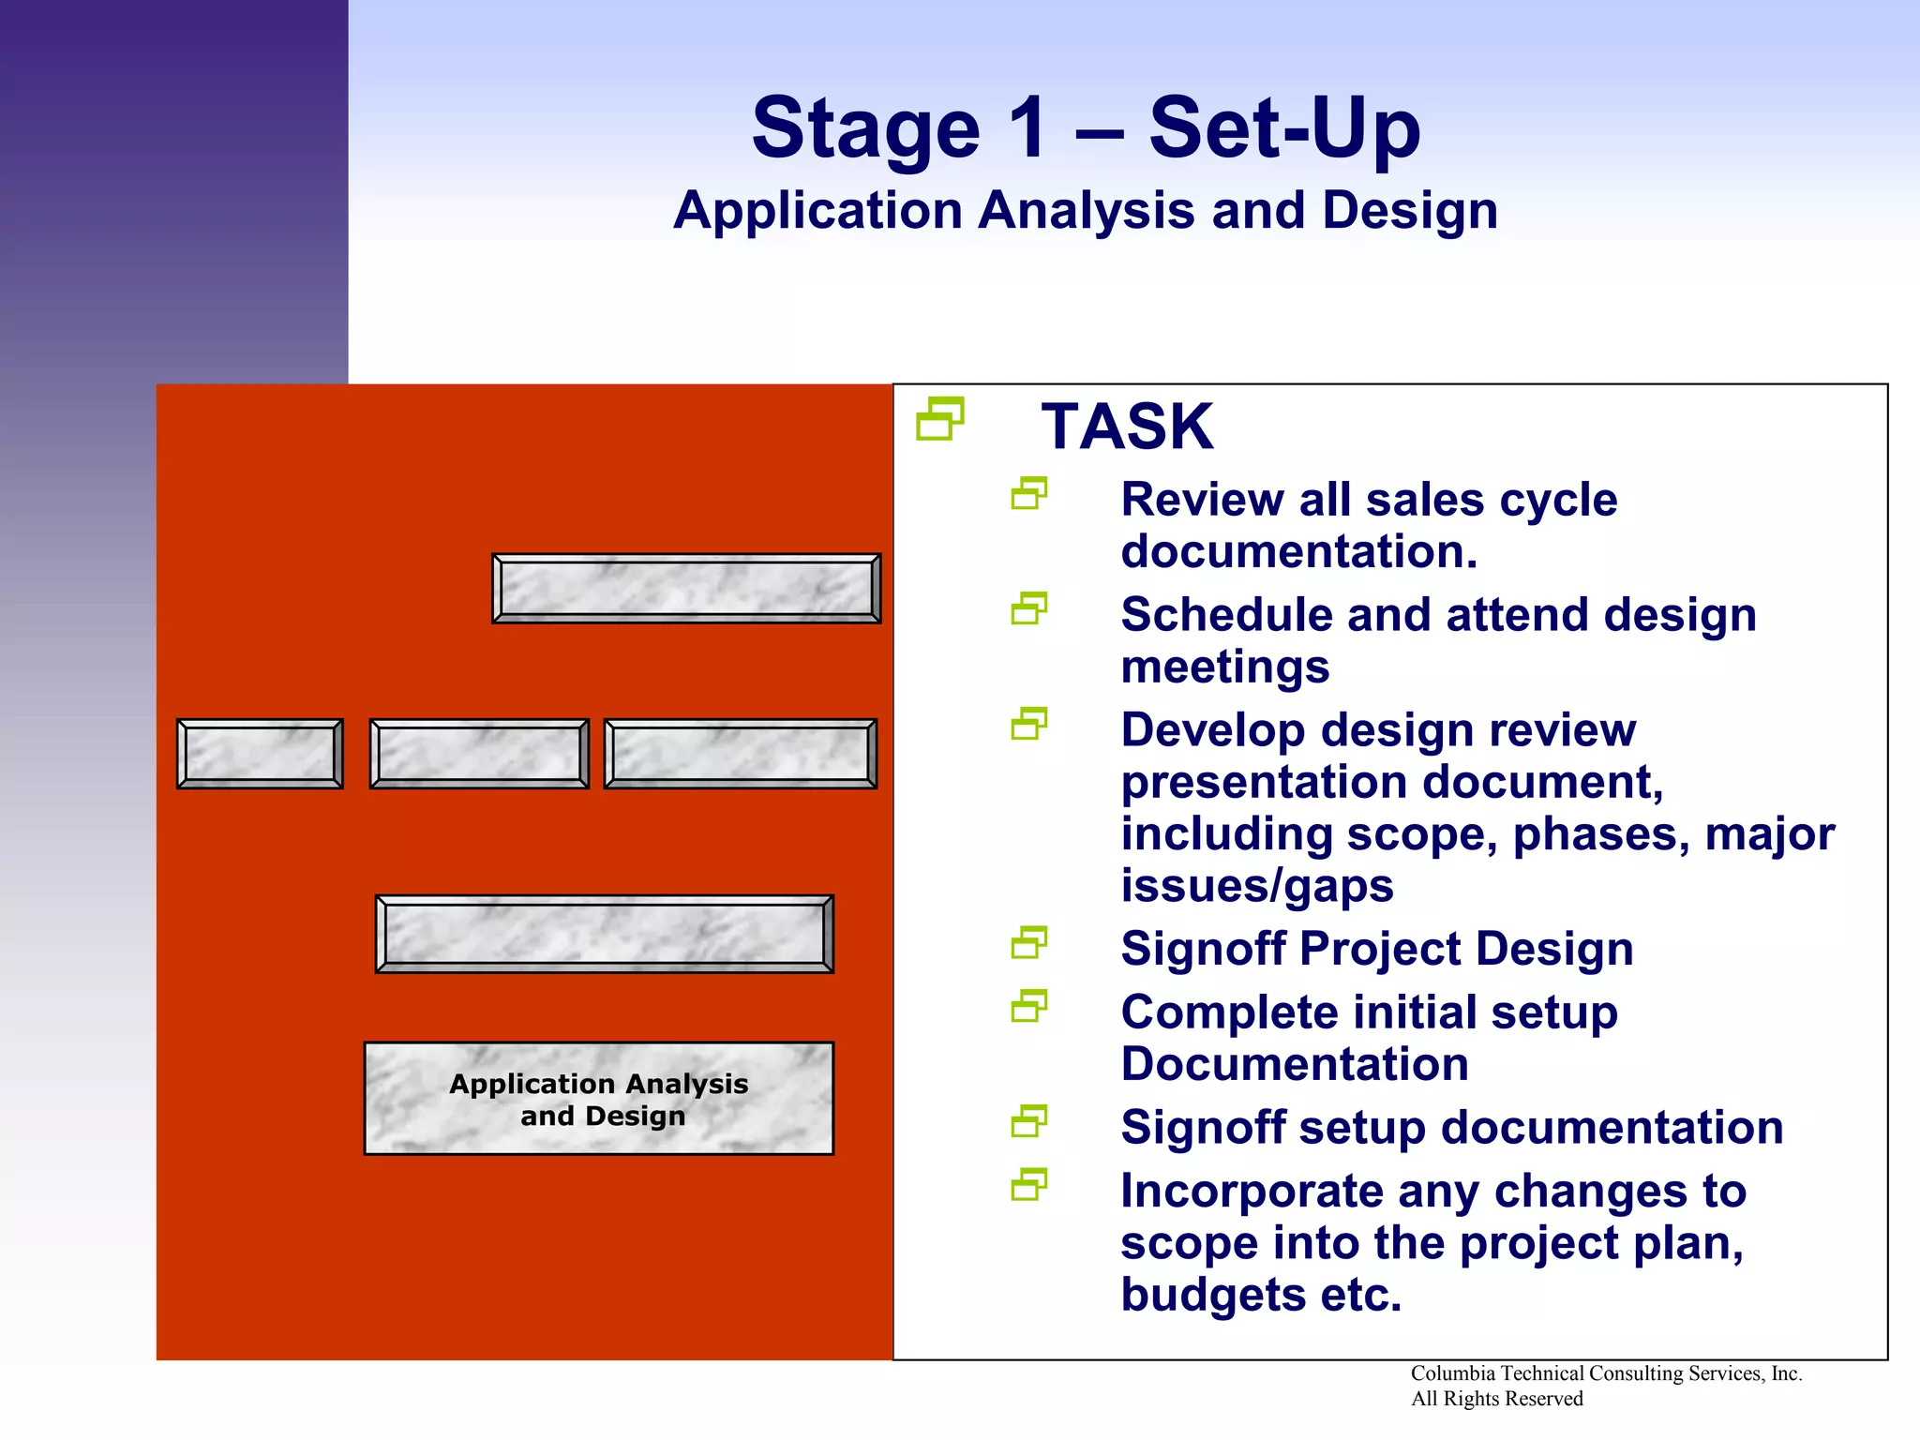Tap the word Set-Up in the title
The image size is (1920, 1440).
(x=1284, y=128)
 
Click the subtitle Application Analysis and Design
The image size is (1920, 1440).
(x=1086, y=210)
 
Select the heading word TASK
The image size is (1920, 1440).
(x=1127, y=427)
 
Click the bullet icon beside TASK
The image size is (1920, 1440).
(x=940, y=419)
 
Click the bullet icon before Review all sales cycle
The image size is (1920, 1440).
(x=1028, y=494)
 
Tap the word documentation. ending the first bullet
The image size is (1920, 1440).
(x=1298, y=551)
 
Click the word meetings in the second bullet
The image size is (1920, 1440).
(x=1224, y=667)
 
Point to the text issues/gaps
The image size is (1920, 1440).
(x=1256, y=886)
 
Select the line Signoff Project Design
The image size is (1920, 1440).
(x=1376, y=949)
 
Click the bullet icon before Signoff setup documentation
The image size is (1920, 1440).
(x=1028, y=1121)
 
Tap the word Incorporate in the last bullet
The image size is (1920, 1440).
(x=1252, y=1192)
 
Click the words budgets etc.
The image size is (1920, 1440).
(x=1260, y=1296)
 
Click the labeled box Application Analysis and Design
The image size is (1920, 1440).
(x=598, y=1099)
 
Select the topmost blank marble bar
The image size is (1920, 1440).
(x=686, y=589)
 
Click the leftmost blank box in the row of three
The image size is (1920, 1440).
(x=260, y=754)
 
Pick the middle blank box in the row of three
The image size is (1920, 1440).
(x=479, y=754)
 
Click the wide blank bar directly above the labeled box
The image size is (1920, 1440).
(x=604, y=934)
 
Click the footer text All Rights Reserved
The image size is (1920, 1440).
(x=1496, y=1399)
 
